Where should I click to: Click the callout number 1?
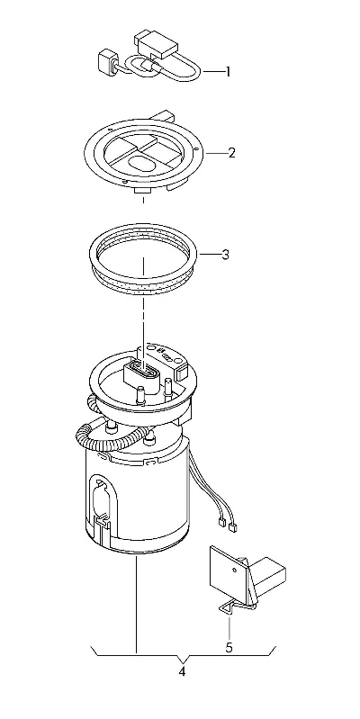pyautogui.click(x=227, y=72)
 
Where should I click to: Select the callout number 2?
pyautogui.click(x=231, y=153)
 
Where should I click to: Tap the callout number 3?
pyautogui.click(x=225, y=255)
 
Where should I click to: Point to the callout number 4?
pyautogui.click(x=182, y=672)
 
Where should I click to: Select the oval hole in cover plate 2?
pyautogui.click(x=141, y=162)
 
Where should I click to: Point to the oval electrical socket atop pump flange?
pyautogui.click(x=143, y=369)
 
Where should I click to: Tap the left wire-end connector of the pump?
pyautogui.click(x=221, y=521)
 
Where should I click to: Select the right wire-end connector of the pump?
pyautogui.click(x=233, y=527)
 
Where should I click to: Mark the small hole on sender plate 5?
pyautogui.click(x=234, y=571)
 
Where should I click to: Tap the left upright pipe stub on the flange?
pyautogui.click(x=140, y=395)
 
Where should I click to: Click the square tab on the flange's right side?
pyautogui.click(x=182, y=372)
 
